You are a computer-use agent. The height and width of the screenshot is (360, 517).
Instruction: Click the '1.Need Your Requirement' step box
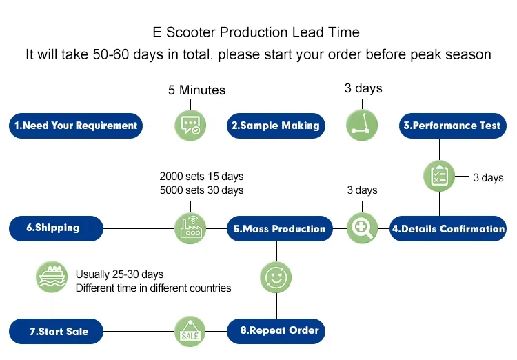pos(76,126)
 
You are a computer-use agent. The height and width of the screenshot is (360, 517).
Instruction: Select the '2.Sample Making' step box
pos(276,126)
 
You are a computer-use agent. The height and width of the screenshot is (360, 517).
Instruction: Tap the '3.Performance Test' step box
pos(453,126)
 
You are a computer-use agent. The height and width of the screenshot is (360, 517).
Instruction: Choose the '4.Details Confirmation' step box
pos(448,229)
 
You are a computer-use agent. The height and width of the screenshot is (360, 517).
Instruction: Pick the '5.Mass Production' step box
pos(280,229)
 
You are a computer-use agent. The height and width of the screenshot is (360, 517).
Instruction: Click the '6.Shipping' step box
pos(56,229)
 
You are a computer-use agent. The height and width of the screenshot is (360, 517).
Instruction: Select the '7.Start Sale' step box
pos(56,331)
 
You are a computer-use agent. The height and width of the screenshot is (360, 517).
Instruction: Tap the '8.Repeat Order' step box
pos(276,331)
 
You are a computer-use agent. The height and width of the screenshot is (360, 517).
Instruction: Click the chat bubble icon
pos(190,126)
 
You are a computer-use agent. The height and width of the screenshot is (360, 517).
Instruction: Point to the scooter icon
pos(362,126)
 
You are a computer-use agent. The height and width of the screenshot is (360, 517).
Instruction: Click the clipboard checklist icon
pos(439,176)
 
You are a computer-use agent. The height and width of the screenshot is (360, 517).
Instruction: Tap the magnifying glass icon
pos(362,228)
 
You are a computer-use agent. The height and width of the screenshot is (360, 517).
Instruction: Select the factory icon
pos(190,228)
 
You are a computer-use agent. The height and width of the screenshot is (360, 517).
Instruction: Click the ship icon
pos(52,277)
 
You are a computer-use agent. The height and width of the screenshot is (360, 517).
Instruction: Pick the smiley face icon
pos(276,277)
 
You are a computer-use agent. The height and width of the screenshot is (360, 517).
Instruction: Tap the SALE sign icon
pos(190,331)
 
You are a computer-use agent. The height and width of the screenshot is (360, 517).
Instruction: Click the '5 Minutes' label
pos(197,90)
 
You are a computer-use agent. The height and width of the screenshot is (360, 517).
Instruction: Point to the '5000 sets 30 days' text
pos(201,190)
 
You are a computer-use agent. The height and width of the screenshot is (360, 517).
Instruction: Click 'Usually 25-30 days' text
pos(119,274)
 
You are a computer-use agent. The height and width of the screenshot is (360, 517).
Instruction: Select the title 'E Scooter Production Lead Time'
pos(256,32)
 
